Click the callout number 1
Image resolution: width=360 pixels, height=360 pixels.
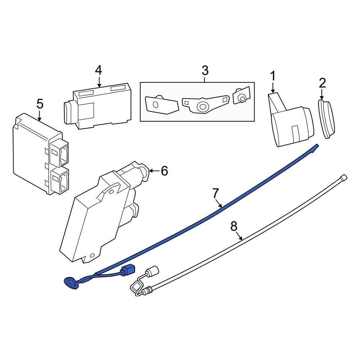[273, 76]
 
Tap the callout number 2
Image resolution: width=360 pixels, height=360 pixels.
[322, 83]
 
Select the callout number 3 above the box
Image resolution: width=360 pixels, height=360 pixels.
[204, 70]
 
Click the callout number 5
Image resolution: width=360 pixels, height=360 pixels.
[40, 104]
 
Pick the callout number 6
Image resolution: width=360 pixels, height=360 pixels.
[164, 171]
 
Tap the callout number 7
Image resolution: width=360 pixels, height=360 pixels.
[215, 194]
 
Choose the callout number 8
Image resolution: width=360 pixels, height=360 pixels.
[234, 226]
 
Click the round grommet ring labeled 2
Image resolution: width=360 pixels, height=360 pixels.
[327, 120]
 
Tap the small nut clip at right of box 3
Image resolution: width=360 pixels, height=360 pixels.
[241, 96]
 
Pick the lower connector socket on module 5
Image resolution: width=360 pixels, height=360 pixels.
[60, 180]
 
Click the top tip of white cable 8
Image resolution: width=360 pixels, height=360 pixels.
[344, 177]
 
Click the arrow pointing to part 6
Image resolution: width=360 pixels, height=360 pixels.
[153, 171]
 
